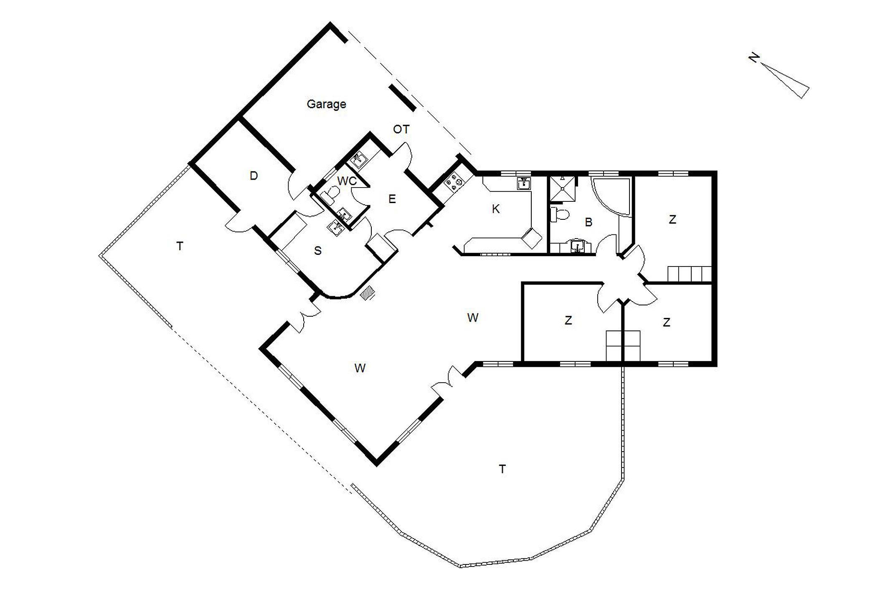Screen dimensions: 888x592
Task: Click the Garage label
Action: (326, 104)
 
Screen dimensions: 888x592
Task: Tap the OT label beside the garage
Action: (401, 130)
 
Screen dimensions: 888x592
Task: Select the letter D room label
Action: (254, 176)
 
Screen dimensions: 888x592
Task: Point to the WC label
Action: (347, 181)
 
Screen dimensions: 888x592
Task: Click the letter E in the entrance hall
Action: (392, 199)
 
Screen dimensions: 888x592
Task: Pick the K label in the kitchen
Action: (496, 209)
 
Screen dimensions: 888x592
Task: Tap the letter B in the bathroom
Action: (589, 222)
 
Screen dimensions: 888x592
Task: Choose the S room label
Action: (318, 251)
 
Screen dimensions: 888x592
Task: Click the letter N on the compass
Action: (754, 58)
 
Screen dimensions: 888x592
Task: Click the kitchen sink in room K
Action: (524, 183)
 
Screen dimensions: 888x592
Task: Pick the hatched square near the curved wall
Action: (367, 292)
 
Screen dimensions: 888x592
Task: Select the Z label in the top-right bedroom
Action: (672, 220)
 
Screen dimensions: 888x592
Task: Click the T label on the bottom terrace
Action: (502, 469)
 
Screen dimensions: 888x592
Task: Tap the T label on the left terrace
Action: (180, 246)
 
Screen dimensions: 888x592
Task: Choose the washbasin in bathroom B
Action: (577, 246)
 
